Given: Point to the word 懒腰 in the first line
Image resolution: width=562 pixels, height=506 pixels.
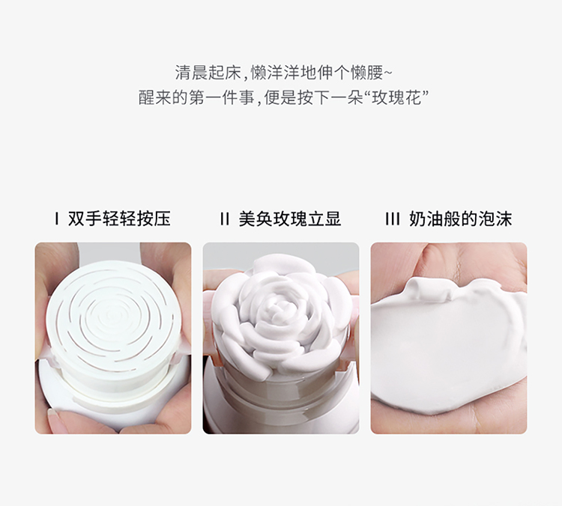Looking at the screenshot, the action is point(367,73).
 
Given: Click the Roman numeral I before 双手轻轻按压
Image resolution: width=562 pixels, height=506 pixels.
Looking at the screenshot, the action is point(57,219).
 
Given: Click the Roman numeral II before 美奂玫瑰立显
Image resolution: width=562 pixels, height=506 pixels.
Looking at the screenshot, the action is point(225,219).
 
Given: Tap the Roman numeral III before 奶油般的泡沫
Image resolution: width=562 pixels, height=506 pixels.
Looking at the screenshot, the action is point(393,219).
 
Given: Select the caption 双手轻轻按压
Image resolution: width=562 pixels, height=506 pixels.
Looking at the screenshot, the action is point(119,219).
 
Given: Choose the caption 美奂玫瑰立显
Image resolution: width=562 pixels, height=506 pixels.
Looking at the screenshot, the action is point(290,219).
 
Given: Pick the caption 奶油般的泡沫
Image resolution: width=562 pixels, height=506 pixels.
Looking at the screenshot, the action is point(461,219).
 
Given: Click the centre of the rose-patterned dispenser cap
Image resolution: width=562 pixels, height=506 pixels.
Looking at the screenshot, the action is point(110,315).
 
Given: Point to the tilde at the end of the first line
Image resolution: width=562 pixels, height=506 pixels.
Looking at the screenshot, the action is point(388,73).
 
